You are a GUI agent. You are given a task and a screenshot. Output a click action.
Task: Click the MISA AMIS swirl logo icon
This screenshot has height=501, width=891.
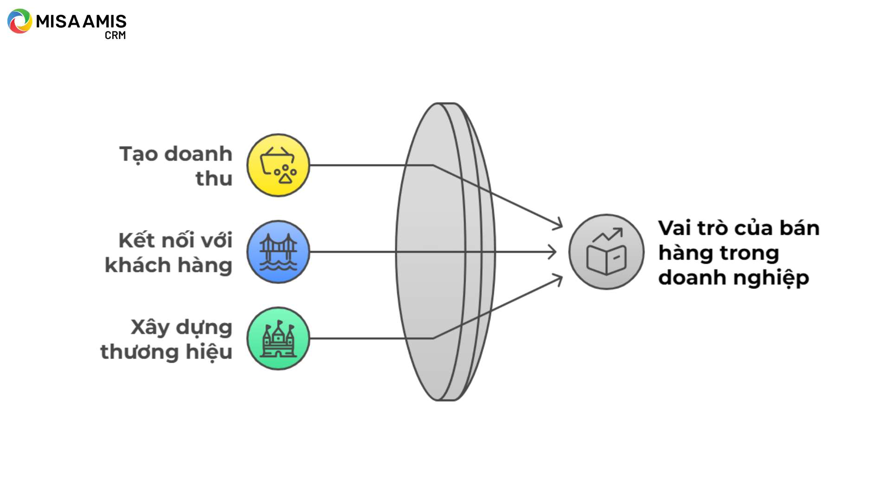[19, 21]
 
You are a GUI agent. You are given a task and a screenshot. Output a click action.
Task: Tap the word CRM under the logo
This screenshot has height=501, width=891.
[115, 35]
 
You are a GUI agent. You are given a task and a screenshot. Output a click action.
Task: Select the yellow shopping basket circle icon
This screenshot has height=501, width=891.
[278, 165]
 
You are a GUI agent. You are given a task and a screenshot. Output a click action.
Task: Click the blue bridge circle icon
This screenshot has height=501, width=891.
[278, 252]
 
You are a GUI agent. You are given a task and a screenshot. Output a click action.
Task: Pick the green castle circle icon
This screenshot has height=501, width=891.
[278, 339]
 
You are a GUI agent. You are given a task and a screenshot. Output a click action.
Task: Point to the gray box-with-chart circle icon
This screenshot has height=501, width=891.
[606, 252]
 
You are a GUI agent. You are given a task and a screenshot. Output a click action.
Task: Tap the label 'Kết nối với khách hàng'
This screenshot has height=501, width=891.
[169, 252]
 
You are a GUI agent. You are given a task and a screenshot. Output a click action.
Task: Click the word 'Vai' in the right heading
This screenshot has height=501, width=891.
[675, 228]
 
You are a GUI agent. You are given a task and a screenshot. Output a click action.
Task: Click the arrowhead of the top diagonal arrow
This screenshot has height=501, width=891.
[559, 225]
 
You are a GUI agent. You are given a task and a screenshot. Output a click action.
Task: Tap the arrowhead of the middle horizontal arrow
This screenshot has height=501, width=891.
[552, 252]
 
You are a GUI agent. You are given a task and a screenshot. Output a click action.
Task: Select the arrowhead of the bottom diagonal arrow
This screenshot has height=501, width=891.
[559, 279]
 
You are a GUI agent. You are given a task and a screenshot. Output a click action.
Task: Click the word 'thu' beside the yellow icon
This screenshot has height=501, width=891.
[214, 179]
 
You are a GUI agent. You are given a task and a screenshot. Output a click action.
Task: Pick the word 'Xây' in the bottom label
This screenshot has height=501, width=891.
[150, 328]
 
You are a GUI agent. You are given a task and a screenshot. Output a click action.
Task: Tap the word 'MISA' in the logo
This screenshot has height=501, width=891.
[58, 21]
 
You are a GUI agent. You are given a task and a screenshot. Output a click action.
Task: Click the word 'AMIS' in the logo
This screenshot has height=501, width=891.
[104, 21]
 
